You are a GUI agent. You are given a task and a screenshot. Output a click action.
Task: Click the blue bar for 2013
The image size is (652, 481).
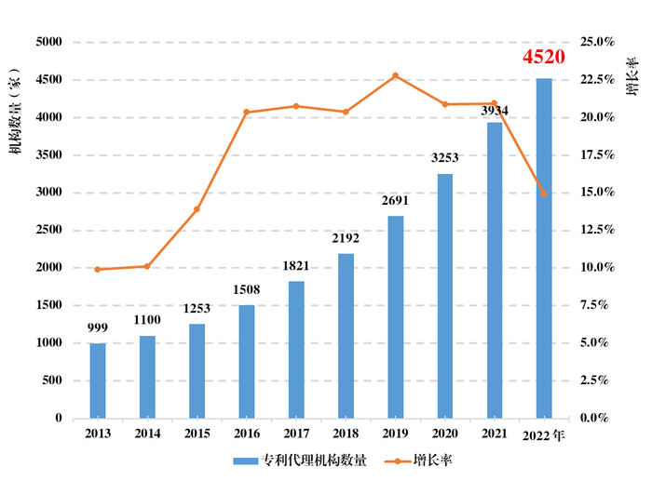click(98, 381)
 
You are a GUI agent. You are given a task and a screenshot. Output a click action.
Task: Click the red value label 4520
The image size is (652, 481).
click(544, 58)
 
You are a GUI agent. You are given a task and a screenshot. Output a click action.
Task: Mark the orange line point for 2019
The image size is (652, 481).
click(396, 75)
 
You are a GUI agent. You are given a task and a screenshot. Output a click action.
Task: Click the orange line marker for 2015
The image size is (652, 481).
click(197, 209)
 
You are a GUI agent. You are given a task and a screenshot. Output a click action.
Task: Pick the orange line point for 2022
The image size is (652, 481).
click(544, 194)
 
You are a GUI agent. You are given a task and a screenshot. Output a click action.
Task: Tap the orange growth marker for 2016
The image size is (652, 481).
click(246, 113)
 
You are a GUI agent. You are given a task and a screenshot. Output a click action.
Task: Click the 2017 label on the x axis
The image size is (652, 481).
click(296, 434)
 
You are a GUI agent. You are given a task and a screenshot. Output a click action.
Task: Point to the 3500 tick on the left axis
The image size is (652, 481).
click(48, 155)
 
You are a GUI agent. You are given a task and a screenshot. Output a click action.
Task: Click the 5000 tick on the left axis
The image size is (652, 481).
click(48, 43)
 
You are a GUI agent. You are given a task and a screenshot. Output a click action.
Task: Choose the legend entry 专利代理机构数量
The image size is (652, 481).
click(300, 461)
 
